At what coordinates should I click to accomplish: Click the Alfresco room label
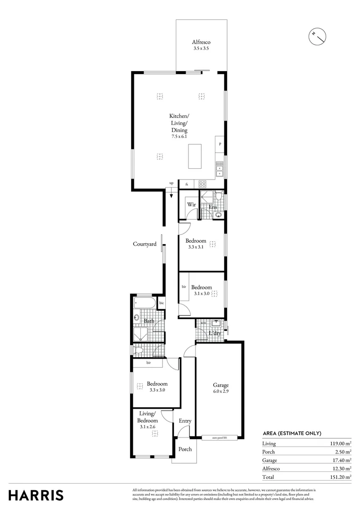click(x=201, y=42)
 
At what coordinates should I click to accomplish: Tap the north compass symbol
click(x=317, y=35)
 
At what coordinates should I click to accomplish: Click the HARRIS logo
click(x=36, y=495)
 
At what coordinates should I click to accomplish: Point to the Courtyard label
click(x=144, y=244)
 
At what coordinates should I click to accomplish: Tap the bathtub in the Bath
click(x=146, y=303)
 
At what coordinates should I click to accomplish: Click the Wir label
click(x=191, y=205)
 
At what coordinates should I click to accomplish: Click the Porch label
click(x=185, y=449)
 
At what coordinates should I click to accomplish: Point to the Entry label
click(x=185, y=421)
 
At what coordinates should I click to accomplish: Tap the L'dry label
click(x=215, y=334)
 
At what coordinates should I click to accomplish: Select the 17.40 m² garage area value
click(x=340, y=460)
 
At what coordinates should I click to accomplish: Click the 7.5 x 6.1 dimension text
click(x=179, y=136)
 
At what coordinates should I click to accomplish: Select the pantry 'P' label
click(x=220, y=144)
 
